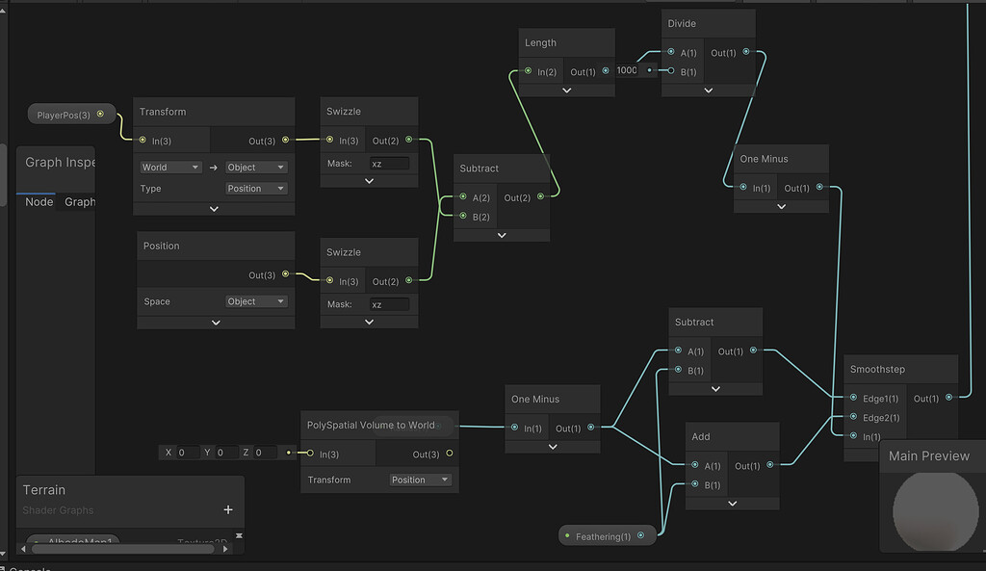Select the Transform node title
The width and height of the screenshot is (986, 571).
pos(163,112)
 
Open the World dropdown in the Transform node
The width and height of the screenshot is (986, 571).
pos(169,167)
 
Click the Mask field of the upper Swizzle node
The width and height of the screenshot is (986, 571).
pos(389,164)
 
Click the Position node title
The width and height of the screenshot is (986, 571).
pos(162,246)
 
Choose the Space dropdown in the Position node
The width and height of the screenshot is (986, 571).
pos(256,301)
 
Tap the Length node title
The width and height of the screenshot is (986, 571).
pos(540,42)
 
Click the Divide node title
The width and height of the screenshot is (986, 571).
pos(681,23)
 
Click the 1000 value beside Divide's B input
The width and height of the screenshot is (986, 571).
pos(628,70)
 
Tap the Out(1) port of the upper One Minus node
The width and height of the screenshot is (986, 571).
pos(819,188)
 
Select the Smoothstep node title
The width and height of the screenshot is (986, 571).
pos(877,369)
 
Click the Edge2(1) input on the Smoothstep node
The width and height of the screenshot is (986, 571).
pos(853,418)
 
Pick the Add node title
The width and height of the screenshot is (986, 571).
pos(701,436)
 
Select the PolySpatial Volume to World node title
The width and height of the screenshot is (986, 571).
pos(371,425)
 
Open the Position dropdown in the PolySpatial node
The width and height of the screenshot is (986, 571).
pos(421,480)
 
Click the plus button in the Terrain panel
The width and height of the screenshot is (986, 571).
pos(228,510)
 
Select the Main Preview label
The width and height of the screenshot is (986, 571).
pos(928,455)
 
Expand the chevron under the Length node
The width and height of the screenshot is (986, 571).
pos(566,90)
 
